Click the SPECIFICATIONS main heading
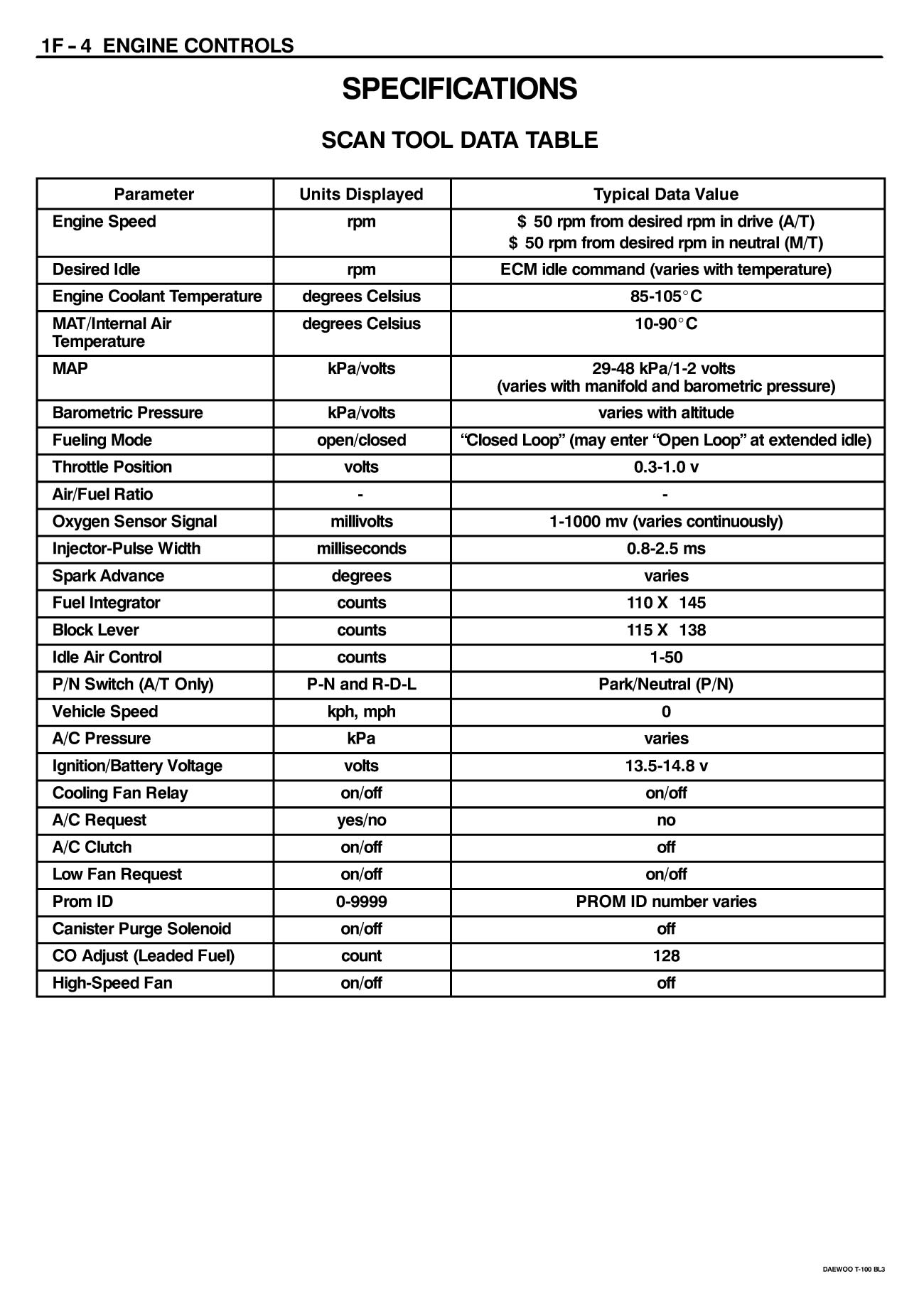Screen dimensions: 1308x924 (459, 90)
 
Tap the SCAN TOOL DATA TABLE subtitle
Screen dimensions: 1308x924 (459, 140)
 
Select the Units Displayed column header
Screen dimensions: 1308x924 (361, 194)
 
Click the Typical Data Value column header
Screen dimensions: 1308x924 (666, 194)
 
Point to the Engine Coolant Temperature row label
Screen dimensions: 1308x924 (157, 296)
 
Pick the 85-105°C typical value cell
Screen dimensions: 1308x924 (666, 296)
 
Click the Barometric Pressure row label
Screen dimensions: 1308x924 (127, 413)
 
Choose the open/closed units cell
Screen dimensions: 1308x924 (361, 440)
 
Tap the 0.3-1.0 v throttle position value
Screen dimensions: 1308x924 (666, 467)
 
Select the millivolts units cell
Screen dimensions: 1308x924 (361, 522)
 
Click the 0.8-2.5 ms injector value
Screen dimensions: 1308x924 (666, 549)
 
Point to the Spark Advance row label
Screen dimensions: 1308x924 (108, 576)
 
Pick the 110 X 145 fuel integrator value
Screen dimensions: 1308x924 (666, 603)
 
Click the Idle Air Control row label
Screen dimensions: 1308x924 (107, 658)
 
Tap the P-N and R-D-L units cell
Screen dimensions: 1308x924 (361, 685)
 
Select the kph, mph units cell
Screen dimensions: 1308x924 (361, 712)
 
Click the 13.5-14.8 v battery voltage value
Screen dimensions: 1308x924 (666, 766)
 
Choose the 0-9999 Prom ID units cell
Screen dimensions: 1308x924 (361, 901)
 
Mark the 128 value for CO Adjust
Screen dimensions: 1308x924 (666, 956)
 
